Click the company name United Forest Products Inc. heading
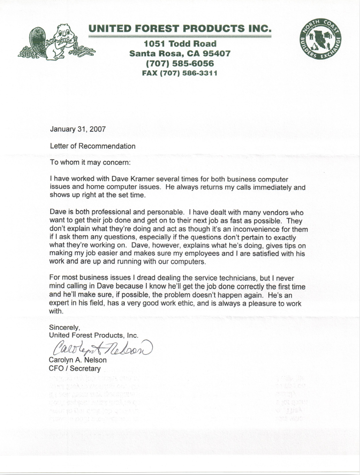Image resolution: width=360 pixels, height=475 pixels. [180, 28]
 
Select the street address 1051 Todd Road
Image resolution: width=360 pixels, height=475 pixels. [180, 44]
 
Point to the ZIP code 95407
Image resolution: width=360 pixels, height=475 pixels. [215, 54]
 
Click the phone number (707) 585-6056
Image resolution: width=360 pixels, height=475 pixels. [180, 64]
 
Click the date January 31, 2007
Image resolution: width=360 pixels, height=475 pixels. [78, 129]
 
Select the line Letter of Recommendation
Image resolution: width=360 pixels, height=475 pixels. [93, 147]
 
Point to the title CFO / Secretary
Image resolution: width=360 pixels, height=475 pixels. [75, 369]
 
